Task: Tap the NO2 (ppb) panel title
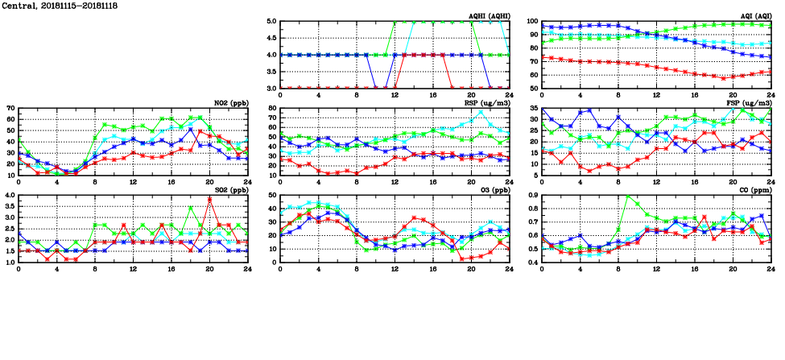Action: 230,103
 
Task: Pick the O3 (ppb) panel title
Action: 493,190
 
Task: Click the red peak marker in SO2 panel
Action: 209,200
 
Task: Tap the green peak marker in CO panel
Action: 628,196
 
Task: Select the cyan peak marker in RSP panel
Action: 481,112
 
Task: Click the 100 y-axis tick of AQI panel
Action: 532,22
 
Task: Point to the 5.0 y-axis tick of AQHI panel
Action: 271,22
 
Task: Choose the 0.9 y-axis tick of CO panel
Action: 532,196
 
